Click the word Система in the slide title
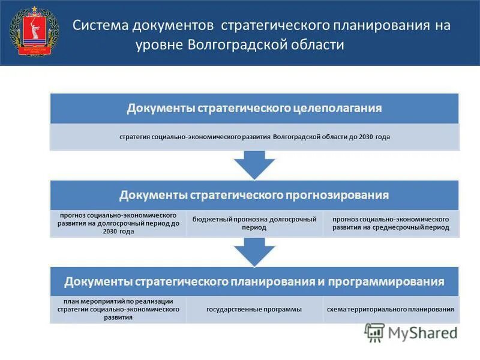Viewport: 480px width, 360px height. pyautogui.click(x=95, y=26)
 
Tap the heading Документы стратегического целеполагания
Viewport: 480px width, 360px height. pyautogui.click(x=254, y=109)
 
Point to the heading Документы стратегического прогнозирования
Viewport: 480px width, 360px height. pyautogui.click(x=254, y=195)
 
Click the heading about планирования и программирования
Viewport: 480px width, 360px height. pyautogui.click(x=254, y=281)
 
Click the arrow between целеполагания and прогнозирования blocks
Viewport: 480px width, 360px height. pyautogui.click(x=254, y=164)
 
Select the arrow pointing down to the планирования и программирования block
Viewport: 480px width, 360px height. pyautogui.click(x=254, y=251)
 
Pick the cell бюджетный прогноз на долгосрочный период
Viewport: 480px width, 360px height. pyautogui.click(x=254, y=223)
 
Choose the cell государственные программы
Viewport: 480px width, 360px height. pyautogui.click(x=254, y=309)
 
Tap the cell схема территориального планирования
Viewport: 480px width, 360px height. pyautogui.click(x=390, y=309)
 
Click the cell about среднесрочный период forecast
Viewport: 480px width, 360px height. pyautogui.click(x=390, y=223)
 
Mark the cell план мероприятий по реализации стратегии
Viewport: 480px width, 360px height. pyautogui.click(x=119, y=309)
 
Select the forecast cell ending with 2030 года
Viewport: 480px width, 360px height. pyautogui.click(x=119, y=223)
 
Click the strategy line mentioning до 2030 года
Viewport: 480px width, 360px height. pyautogui.click(x=254, y=137)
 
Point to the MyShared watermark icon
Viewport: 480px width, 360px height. pyautogui.click(x=374, y=332)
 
